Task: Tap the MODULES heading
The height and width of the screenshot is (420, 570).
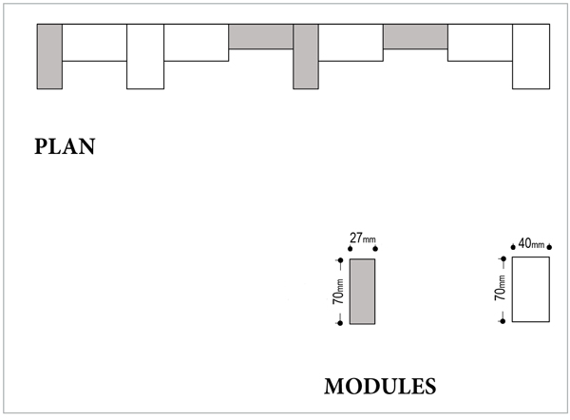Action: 380,387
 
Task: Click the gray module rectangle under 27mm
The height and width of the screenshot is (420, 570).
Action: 362,291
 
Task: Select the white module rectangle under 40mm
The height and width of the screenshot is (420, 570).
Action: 531,289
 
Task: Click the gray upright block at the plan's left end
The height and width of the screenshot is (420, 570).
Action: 49,56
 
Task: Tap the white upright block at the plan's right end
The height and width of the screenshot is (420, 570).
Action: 531,56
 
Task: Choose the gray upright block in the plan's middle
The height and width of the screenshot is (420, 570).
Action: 306,56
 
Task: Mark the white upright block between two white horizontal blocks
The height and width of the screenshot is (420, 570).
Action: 145,56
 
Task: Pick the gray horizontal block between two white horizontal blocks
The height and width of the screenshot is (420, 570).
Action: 415,36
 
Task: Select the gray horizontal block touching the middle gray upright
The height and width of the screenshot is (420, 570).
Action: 261,36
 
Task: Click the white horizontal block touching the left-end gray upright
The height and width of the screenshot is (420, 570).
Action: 94,42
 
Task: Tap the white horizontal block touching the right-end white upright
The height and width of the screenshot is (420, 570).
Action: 480,42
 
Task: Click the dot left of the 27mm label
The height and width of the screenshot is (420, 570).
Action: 351,249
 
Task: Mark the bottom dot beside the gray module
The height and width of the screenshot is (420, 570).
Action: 339,324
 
